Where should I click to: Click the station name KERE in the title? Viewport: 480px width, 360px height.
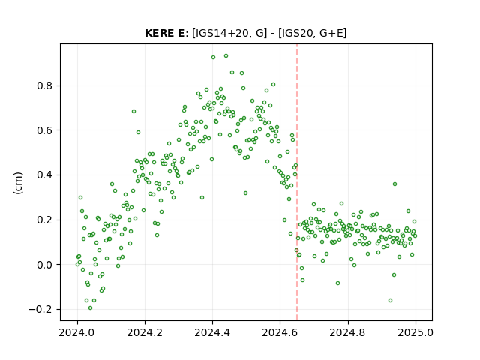160,33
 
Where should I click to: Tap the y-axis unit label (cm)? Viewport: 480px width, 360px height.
18,183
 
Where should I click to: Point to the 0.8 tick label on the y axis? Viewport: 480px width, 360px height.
45,85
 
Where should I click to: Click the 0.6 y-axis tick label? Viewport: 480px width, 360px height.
45,130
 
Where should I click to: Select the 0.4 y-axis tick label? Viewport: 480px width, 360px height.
45,175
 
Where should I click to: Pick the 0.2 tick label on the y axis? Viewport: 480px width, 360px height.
45,220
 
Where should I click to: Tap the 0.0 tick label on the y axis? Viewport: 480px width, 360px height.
45,265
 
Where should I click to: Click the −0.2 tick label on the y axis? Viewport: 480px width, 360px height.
40,309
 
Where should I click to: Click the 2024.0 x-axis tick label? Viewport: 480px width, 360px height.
77,332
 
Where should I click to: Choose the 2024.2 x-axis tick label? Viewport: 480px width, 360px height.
145,332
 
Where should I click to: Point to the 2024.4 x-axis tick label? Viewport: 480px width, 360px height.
212,332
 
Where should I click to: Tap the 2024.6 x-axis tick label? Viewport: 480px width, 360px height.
280,332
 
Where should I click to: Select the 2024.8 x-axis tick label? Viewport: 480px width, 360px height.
348,332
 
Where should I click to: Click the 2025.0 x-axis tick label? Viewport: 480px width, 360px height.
415,332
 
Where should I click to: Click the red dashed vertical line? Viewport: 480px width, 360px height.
297,182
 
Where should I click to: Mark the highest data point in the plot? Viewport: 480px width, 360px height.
226,56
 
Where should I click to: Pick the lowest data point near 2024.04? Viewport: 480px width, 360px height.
90,308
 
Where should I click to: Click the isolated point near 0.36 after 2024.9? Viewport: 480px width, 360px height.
395,184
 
